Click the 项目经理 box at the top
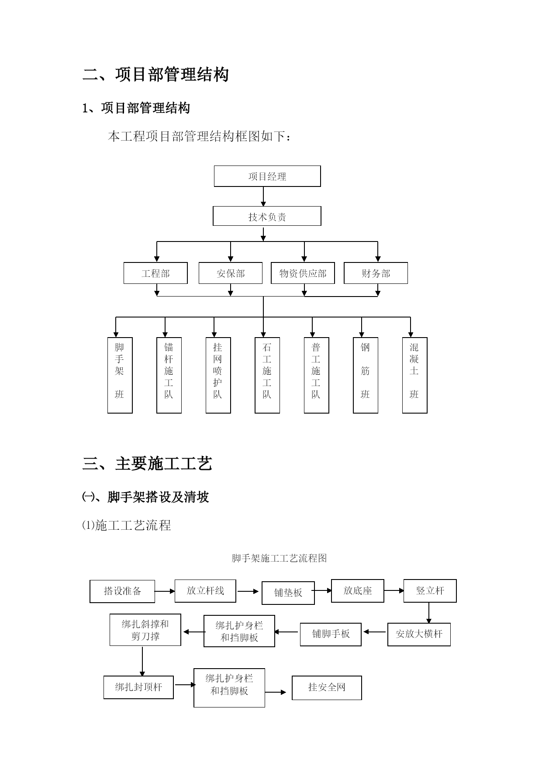point(267,176)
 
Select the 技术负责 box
point(267,216)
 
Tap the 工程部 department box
point(155,273)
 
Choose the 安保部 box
point(231,273)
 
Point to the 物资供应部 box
point(303,273)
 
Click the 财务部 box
point(376,273)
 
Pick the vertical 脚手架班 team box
point(120,375)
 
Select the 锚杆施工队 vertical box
point(169,375)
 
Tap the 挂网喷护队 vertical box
point(218,375)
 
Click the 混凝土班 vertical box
point(415,375)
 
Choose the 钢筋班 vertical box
point(366,375)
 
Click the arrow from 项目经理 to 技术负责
point(263,197)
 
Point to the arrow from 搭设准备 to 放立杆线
point(165,591)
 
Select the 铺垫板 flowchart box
point(288,593)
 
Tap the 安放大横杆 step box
point(419,634)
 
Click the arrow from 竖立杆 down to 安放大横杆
point(429,613)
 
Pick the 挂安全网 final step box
point(327,688)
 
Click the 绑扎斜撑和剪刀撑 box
point(145,630)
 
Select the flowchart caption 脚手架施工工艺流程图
point(279,558)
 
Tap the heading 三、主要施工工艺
point(147,463)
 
